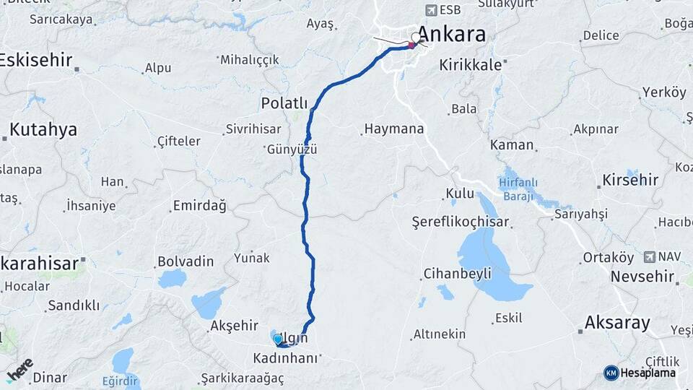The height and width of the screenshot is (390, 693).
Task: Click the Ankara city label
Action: (451, 35)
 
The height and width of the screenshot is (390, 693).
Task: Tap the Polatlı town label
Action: (284, 103)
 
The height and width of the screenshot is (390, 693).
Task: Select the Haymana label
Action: (393, 130)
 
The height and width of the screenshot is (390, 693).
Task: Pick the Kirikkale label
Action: (470, 65)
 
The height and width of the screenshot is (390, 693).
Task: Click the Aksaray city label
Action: (617, 323)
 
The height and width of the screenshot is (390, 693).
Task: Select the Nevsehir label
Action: (645, 277)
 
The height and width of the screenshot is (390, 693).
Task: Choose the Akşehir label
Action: (233, 326)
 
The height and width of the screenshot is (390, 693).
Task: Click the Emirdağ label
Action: (199, 206)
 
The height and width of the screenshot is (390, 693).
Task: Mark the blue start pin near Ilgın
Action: (277, 339)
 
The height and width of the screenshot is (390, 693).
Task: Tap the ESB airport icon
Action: (432, 10)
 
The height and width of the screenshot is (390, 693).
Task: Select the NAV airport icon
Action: (649, 256)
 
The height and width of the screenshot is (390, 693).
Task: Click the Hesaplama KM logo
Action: (611, 373)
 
